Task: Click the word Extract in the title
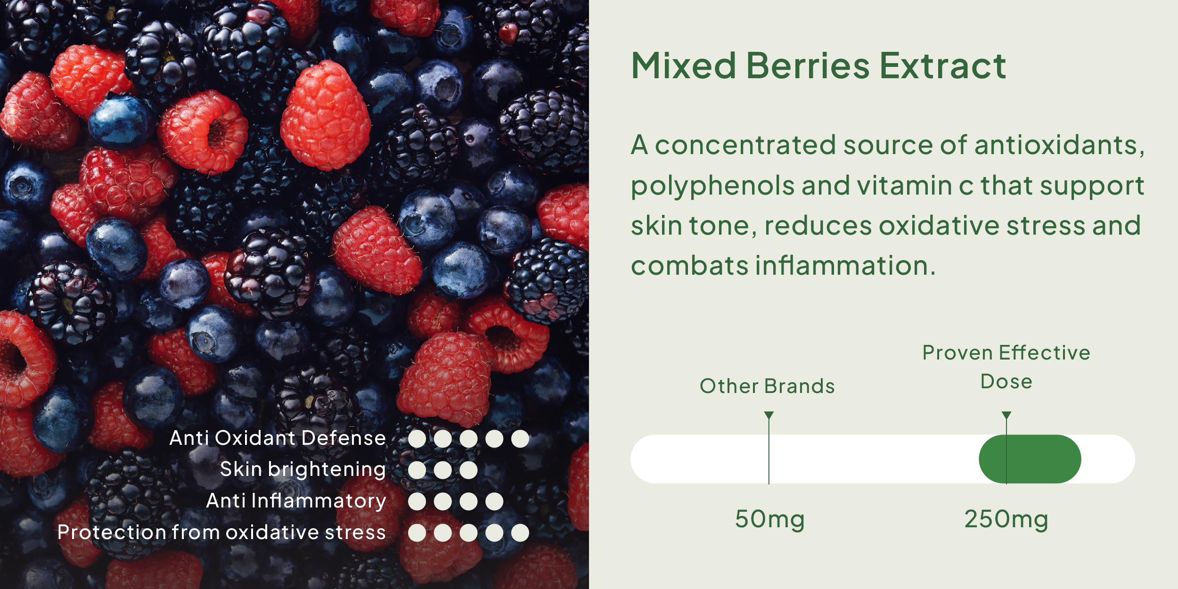pos(943,65)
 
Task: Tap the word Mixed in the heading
pos(684,65)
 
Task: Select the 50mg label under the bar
pos(770,520)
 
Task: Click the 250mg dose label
pos(1006,520)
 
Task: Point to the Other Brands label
pos(767,386)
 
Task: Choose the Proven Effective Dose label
pos(1006,367)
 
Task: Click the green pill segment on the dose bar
pos(1030,459)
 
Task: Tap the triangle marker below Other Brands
pos(769,415)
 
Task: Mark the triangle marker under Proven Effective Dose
pos(1006,415)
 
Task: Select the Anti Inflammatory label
pos(296,501)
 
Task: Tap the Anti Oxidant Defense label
pos(278,438)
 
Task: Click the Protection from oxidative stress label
pos(222,532)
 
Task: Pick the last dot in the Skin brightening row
pos(468,470)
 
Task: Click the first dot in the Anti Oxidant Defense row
pos(417,439)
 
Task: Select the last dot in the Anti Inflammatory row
pos(494,501)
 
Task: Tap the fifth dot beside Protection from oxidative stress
pos(520,533)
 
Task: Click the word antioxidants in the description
pos(1059,145)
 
